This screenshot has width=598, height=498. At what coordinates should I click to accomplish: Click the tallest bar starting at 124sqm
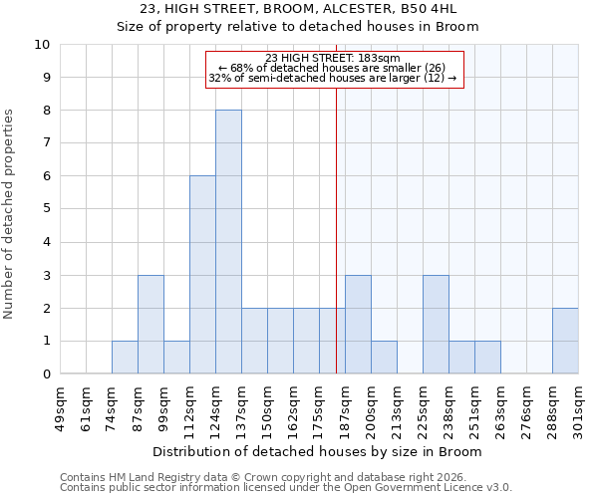click(x=228, y=242)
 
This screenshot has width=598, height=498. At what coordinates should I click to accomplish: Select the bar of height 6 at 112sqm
click(x=202, y=275)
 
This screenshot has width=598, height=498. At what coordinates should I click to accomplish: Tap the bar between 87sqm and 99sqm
click(x=150, y=325)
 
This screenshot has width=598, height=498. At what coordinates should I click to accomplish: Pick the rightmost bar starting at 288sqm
click(x=565, y=341)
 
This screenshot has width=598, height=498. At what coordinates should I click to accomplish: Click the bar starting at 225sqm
click(x=436, y=325)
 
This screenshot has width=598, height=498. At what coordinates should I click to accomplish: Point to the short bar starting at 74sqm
click(x=125, y=358)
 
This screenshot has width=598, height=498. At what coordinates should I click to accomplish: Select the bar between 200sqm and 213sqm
click(x=384, y=358)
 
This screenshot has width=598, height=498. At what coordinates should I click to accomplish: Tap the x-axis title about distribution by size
click(x=319, y=451)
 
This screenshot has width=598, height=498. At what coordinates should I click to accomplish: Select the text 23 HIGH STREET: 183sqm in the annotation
click(x=334, y=58)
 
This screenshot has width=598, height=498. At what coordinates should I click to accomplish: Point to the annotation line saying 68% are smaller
click(x=334, y=68)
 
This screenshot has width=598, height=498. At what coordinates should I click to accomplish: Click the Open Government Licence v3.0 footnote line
click(x=286, y=488)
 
